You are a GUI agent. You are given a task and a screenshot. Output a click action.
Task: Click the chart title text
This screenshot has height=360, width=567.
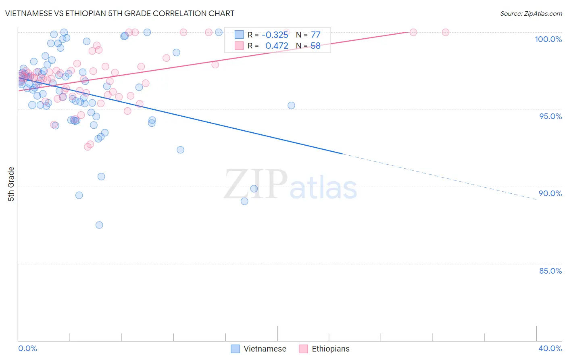click(x=120, y=13)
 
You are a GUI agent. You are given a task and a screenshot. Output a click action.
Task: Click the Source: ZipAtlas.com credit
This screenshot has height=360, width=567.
click(x=531, y=13)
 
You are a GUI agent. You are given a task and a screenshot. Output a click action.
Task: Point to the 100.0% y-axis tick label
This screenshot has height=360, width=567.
click(x=548, y=39)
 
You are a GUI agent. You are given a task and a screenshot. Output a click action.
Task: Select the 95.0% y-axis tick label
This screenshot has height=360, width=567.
click(x=550, y=116)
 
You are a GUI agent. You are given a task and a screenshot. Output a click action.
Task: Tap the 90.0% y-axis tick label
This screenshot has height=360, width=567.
click(x=550, y=193)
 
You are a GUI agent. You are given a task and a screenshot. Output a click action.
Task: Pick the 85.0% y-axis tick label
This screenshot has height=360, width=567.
click(x=550, y=271)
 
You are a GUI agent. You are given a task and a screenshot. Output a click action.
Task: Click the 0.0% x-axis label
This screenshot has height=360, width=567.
click(x=27, y=348)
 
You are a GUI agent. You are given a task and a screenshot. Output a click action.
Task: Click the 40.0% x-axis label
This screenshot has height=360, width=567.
click(x=550, y=348)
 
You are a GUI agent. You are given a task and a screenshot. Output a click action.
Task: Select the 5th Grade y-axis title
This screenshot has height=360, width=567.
click(x=11, y=184)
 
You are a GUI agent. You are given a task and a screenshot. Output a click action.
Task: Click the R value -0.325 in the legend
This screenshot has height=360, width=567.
click(x=275, y=35)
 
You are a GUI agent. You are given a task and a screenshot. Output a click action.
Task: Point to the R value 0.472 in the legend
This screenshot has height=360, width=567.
click(x=277, y=46)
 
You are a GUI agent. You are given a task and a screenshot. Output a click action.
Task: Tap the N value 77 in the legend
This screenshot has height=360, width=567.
click(x=315, y=35)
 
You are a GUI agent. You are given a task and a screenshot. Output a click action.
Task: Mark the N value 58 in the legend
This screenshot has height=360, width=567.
click(x=315, y=46)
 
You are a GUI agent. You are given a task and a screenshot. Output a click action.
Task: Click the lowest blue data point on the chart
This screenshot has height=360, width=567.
click(x=99, y=225)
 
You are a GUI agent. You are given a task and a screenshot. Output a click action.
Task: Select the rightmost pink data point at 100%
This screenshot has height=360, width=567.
click(x=446, y=32)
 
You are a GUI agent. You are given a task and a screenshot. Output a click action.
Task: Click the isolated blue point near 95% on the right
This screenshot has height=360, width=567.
click(x=291, y=105)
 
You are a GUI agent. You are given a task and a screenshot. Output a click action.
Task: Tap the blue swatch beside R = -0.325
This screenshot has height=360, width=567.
click(x=239, y=35)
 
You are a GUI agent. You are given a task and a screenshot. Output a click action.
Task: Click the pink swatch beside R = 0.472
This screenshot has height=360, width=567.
click(x=239, y=46)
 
